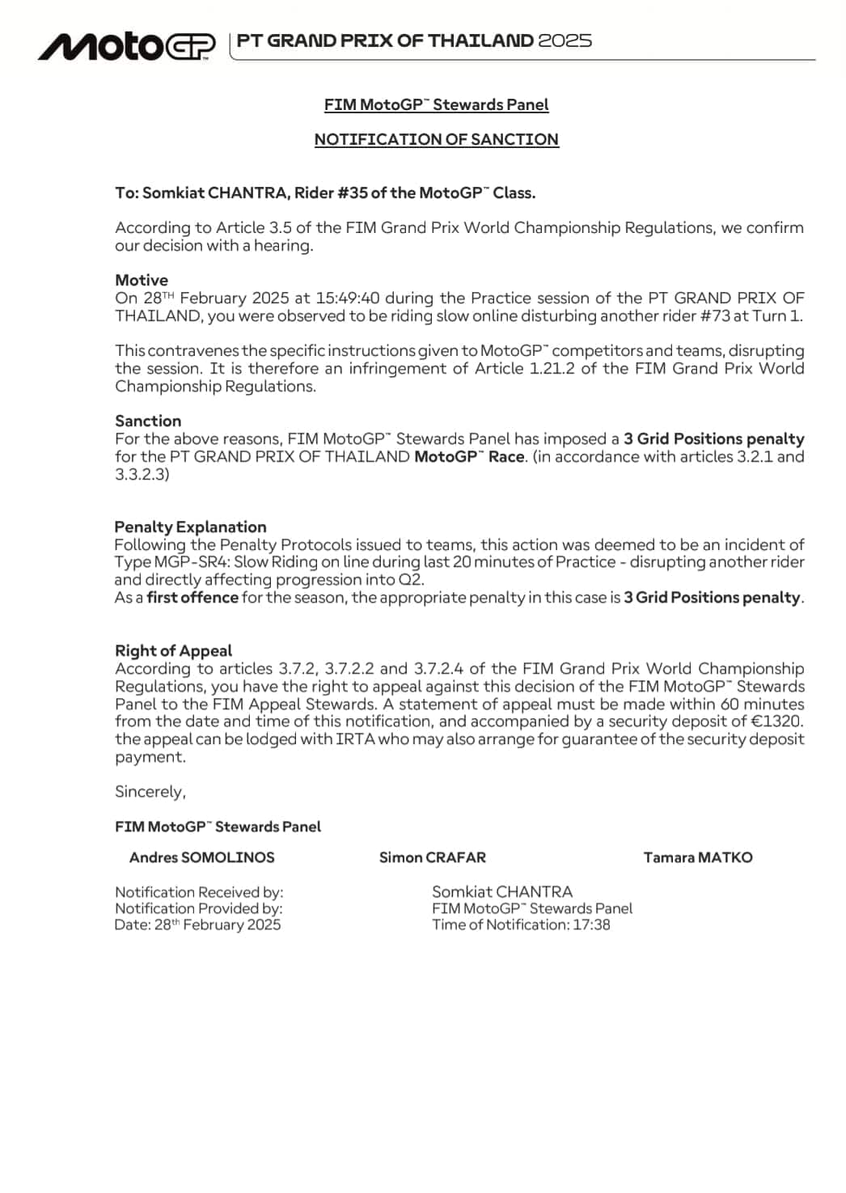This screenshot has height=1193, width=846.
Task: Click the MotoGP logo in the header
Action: [x=127, y=46]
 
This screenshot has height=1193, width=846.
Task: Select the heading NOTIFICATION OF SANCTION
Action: [x=436, y=139]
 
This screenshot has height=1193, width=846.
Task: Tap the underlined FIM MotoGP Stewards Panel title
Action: [x=436, y=104]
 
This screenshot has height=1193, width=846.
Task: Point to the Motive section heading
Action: [x=142, y=280]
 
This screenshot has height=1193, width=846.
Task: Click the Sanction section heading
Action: [x=148, y=421]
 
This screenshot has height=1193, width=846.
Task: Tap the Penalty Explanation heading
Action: [x=190, y=527]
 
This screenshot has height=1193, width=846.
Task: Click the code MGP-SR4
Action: [x=187, y=562]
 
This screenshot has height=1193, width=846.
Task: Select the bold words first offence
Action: [x=192, y=598]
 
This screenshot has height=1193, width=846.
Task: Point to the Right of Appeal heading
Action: [x=173, y=650]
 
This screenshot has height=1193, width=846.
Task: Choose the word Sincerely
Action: [x=150, y=792]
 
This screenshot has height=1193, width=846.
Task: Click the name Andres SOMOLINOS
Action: [x=201, y=857]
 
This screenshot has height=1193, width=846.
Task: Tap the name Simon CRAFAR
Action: [x=433, y=857]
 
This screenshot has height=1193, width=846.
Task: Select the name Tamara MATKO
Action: [x=697, y=857]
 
